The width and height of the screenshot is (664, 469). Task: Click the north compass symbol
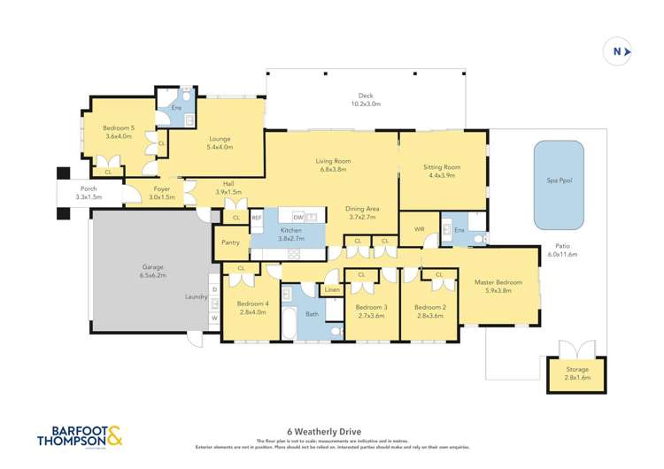coord(621,52)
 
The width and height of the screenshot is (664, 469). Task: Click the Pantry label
coord(230,242)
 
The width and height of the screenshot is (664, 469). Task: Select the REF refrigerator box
coord(257,218)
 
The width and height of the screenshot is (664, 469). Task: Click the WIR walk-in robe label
coord(420,228)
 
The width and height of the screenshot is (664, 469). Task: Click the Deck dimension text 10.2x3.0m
coord(366,104)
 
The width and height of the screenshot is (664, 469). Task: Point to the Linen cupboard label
coord(333,290)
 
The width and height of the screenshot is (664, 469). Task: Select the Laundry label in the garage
coord(196,297)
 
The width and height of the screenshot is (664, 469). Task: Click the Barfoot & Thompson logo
coord(80,436)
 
